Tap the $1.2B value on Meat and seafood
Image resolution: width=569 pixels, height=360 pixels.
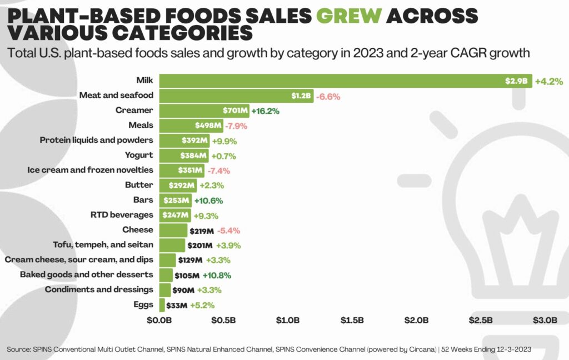pyautogui.click(x=302, y=96)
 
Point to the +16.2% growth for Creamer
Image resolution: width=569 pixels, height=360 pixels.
pyautogui.click(x=266, y=111)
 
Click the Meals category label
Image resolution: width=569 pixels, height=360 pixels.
pyautogui.click(x=141, y=126)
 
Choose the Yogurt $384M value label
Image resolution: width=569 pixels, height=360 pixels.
pyautogui.click(x=194, y=156)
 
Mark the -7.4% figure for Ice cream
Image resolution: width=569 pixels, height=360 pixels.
pyautogui.click(x=218, y=171)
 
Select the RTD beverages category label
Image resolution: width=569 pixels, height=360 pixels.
pyautogui.click(x=122, y=215)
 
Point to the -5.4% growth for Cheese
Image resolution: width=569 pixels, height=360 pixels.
pyautogui.click(x=228, y=231)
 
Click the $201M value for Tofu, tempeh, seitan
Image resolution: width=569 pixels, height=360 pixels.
pyautogui.click(x=202, y=246)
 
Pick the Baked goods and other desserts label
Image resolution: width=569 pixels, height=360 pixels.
pyautogui.click(x=86, y=275)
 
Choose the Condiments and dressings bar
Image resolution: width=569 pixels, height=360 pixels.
pyautogui.click(x=165, y=290)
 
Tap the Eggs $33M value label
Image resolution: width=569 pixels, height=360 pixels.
pyautogui.click(x=177, y=305)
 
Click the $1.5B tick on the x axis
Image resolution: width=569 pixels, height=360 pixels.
pyautogui.click(x=352, y=321)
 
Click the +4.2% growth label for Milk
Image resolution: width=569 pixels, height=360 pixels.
pyautogui.click(x=549, y=82)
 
